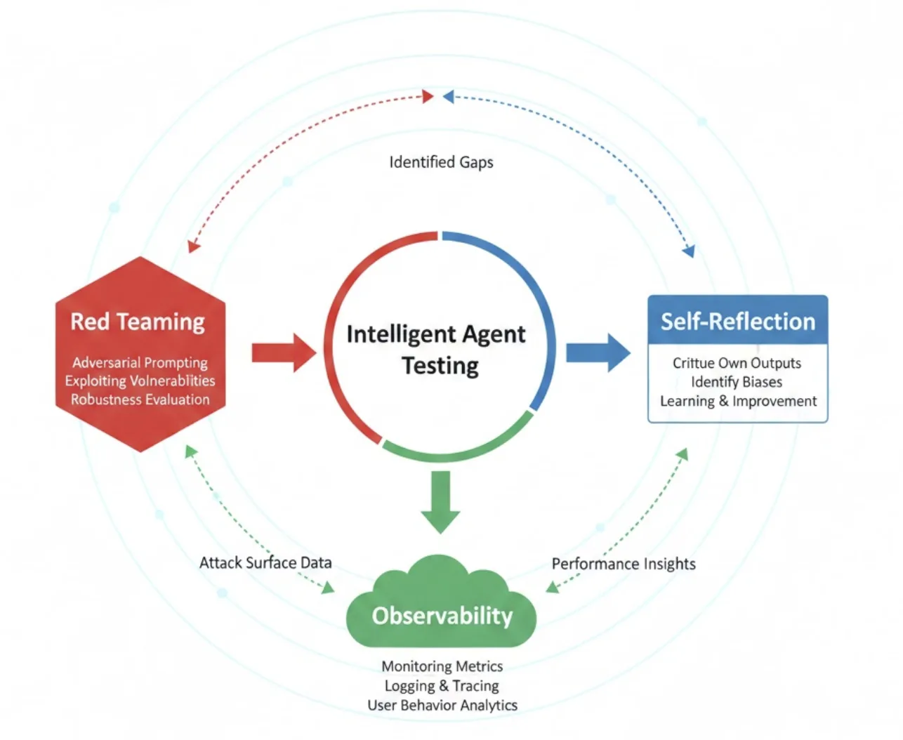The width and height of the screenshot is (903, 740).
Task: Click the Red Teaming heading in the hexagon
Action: (138, 322)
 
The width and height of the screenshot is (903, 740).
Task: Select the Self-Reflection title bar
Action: (737, 321)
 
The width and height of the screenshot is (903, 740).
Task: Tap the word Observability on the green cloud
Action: (442, 616)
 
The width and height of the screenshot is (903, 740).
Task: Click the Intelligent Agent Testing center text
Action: (436, 350)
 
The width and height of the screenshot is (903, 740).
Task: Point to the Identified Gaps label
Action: (441, 162)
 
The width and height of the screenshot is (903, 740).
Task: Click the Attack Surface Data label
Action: (265, 562)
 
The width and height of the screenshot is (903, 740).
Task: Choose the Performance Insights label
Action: (624, 564)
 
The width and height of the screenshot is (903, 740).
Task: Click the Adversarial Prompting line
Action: (140, 362)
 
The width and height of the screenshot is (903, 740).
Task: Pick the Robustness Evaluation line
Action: (140, 399)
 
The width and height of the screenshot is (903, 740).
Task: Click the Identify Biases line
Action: (736, 382)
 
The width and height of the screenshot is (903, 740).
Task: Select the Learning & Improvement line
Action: (738, 401)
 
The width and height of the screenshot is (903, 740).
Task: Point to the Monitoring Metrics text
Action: (442, 666)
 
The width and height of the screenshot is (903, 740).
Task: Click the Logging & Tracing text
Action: (442, 686)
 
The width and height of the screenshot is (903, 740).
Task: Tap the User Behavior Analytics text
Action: (442, 705)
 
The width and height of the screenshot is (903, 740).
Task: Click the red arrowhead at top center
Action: (428, 96)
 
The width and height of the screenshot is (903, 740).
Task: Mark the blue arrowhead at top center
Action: (449, 96)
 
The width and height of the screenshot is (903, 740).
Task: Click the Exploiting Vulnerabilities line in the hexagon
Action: (140, 381)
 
